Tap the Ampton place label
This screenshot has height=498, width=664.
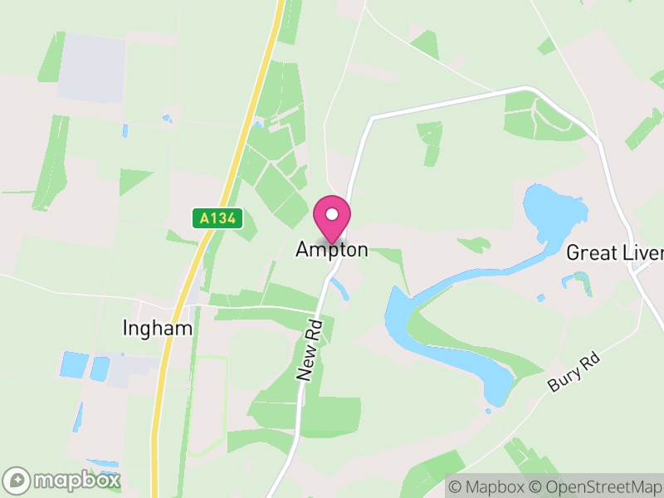pos(332,250)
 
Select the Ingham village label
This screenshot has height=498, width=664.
pos(157,328)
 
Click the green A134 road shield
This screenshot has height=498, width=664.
pos(217,218)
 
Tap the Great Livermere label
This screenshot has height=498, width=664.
pos(614,253)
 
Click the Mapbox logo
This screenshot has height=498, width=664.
pos(62,480)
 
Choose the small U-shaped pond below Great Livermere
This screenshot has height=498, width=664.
pos(579,282)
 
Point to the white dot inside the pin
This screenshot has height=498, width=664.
pos(332,214)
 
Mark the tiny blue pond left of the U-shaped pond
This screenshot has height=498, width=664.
pos(541,297)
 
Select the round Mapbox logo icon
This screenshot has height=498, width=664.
pos(17,480)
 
